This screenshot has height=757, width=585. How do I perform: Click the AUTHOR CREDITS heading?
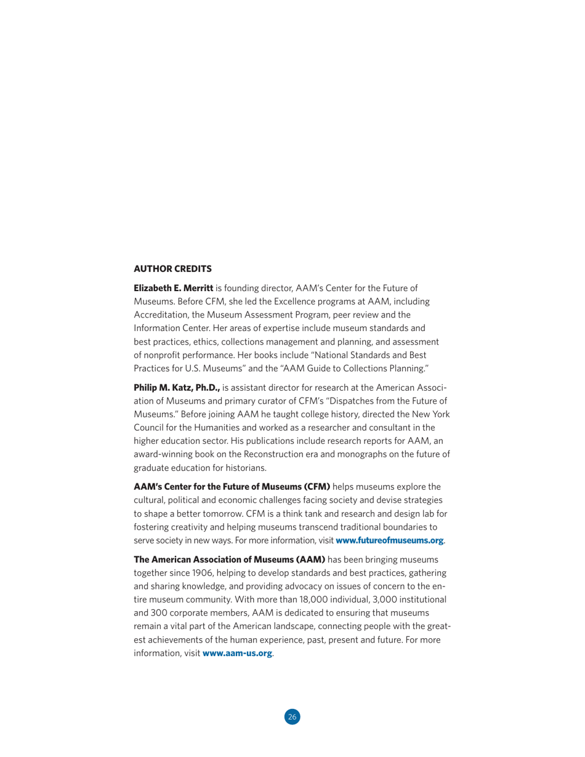coord(172,268)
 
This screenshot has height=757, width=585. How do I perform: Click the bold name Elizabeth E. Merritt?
coord(173,287)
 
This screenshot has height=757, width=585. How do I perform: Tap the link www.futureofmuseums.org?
coord(389,540)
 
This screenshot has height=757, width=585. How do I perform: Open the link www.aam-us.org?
coord(237,653)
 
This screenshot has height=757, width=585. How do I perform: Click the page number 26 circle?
coord(292,716)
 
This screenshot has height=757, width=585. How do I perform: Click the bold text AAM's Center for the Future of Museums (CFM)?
coord(232,487)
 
